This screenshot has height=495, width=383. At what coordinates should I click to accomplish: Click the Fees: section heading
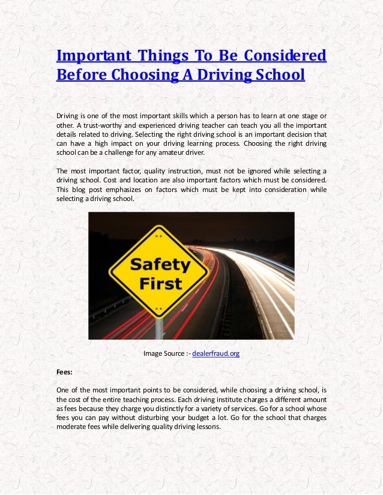(65, 372)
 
